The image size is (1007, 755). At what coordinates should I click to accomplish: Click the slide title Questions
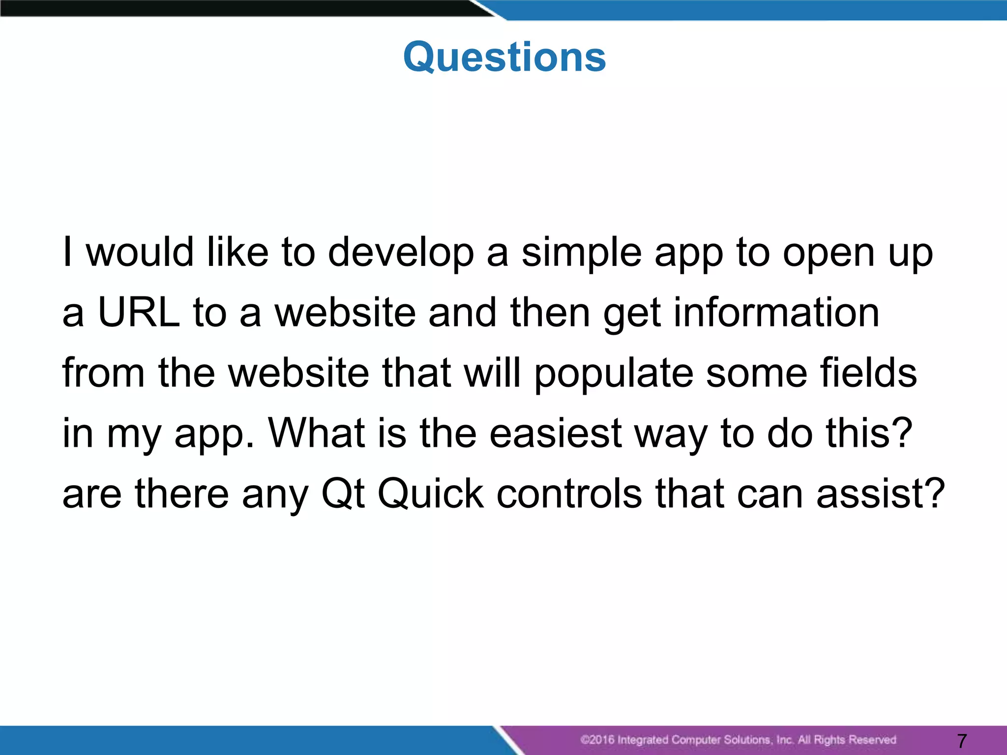[x=504, y=57]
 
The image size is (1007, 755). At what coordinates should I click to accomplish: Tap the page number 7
[x=962, y=740]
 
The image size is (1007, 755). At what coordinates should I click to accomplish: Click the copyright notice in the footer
[x=738, y=740]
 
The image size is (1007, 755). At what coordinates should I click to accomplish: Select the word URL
[x=139, y=313]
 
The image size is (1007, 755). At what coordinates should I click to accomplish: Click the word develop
[x=401, y=253]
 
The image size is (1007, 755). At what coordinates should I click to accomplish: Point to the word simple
[x=581, y=253]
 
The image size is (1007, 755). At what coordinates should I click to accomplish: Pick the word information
[x=776, y=313]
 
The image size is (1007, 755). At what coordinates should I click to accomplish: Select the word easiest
[x=556, y=433]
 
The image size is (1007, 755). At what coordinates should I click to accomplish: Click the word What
[x=316, y=433]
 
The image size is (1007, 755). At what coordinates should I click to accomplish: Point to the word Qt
[x=343, y=494]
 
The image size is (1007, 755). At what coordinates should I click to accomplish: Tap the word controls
[x=569, y=494]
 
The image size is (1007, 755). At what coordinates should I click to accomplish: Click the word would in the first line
[x=140, y=253]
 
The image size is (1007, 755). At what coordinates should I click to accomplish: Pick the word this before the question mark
[x=859, y=433]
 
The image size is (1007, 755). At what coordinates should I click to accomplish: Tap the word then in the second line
[x=550, y=313]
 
